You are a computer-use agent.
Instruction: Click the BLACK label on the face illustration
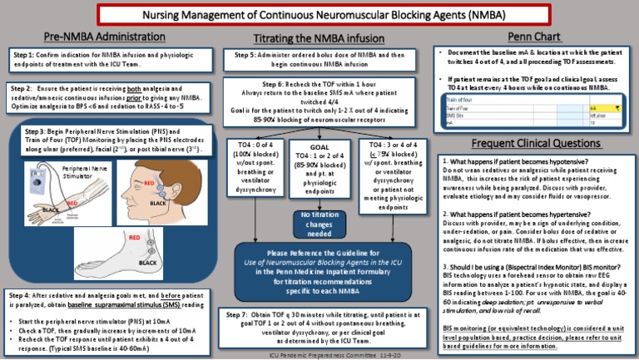pyautogui.click(x=158, y=203)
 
